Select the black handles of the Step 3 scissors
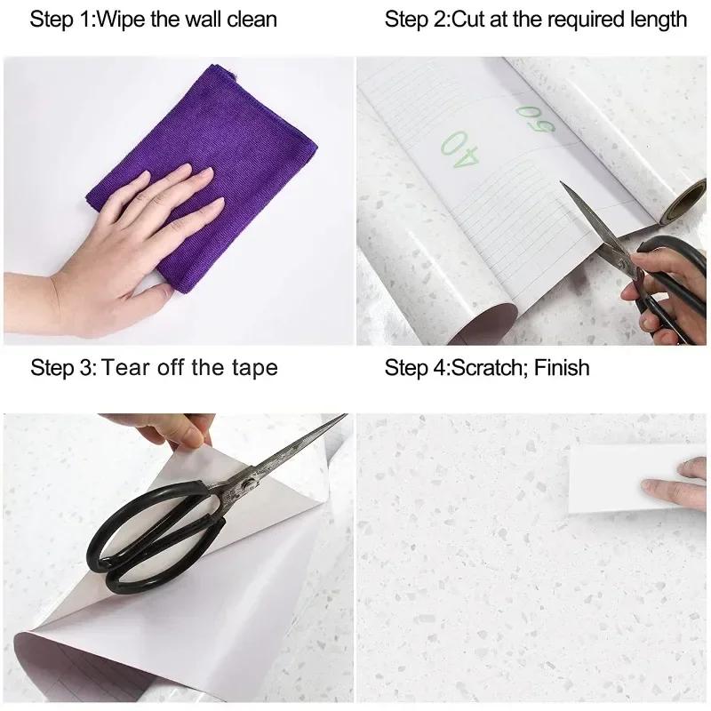(x=151, y=542)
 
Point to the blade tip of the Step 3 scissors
(x=341, y=418)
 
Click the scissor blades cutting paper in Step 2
(x=591, y=227)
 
